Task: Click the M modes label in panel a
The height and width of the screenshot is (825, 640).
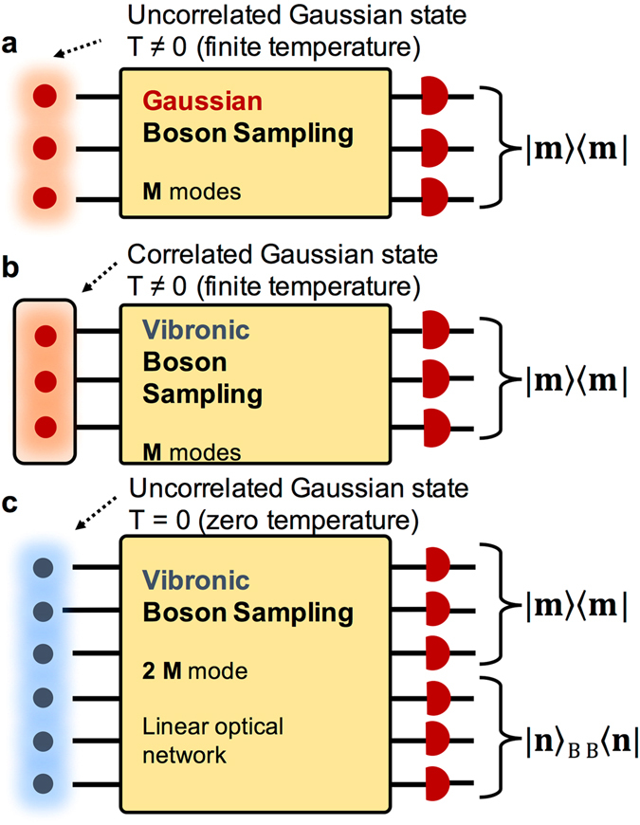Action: click(x=188, y=192)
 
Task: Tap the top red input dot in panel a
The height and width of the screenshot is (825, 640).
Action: click(x=44, y=97)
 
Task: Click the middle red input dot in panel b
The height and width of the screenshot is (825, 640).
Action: click(x=44, y=381)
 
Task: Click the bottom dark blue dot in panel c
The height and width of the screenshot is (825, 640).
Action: click(x=43, y=783)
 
